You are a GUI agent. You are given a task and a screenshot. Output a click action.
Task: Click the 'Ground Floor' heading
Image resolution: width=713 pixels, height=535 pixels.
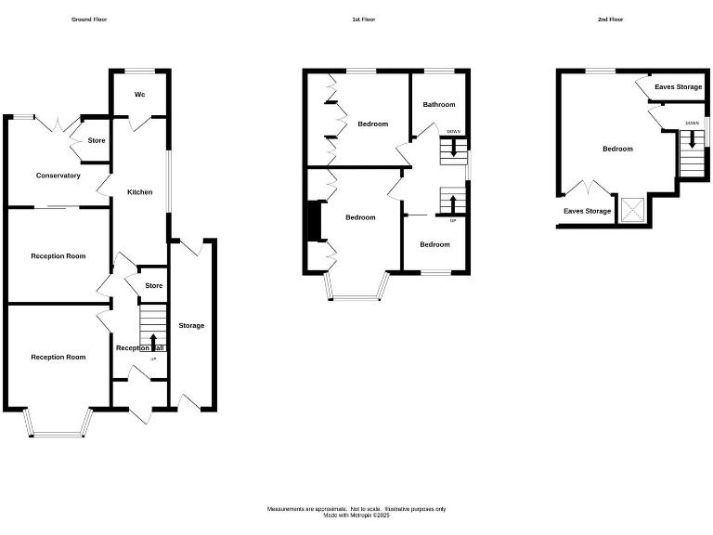[89, 19]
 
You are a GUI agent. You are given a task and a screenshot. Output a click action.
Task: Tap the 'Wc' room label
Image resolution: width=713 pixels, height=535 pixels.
[140, 94]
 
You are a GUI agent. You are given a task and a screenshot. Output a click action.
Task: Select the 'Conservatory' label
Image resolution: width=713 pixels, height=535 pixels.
[58, 176]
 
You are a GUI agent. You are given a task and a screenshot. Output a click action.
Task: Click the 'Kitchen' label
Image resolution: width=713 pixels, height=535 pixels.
[140, 192]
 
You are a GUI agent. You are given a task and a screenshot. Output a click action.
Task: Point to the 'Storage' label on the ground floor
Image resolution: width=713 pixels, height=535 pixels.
[192, 325]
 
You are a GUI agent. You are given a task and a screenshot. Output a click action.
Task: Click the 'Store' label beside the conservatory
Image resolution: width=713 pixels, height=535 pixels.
[97, 140]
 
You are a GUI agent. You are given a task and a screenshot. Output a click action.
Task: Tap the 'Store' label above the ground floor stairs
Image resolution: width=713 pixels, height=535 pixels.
[154, 286]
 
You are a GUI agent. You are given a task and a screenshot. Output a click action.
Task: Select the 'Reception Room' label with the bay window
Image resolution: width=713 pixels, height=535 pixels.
[58, 357]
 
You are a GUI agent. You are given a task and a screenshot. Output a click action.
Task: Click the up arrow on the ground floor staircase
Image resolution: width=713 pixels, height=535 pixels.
[154, 341]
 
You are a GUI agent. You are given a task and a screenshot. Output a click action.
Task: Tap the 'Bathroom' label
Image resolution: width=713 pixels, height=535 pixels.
[439, 105]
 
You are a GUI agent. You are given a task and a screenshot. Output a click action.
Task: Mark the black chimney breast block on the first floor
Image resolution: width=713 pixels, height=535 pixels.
[313, 221]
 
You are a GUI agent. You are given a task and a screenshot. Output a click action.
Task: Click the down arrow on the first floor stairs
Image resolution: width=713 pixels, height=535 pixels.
[453, 149]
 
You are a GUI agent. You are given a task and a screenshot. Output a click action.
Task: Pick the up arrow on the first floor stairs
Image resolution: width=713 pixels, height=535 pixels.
[453, 203]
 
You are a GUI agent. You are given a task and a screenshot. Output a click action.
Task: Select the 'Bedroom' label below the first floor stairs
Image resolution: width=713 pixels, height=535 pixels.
[434, 244]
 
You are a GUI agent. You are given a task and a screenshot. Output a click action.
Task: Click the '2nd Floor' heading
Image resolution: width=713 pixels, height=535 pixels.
[611, 19]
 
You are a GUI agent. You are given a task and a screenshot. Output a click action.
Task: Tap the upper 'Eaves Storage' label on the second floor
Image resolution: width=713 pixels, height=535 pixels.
[678, 87]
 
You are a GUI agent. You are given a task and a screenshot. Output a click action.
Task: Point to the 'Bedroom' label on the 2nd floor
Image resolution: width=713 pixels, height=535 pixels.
[617, 149]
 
